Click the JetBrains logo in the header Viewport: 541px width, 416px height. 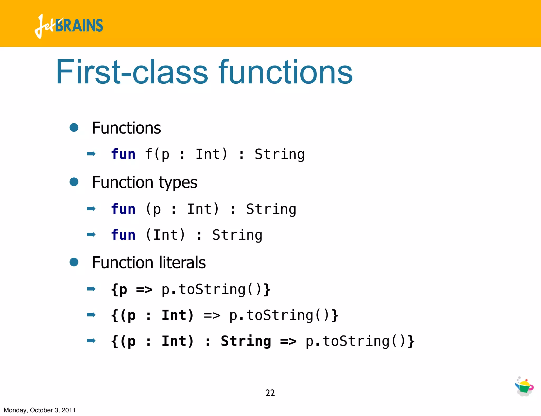(69, 26)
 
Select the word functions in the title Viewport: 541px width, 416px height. (286, 72)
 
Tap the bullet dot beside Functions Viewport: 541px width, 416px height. (74, 127)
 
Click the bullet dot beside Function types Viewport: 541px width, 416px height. (74, 182)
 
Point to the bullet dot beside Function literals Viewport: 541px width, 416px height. (74, 262)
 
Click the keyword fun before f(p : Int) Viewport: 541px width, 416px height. (123, 154)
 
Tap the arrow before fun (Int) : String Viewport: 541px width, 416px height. (91, 234)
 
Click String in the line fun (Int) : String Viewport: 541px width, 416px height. (237, 235)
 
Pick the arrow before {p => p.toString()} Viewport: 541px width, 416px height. (91, 289)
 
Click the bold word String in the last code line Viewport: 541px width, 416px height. (246, 341)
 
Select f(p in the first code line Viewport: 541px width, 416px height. (157, 154)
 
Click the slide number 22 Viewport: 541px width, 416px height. (270, 393)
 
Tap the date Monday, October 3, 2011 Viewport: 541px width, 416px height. (40, 410)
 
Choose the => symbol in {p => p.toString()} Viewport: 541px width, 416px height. (144, 290)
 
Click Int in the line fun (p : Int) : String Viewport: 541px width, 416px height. (203, 209)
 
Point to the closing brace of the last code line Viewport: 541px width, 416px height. (411, 341)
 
